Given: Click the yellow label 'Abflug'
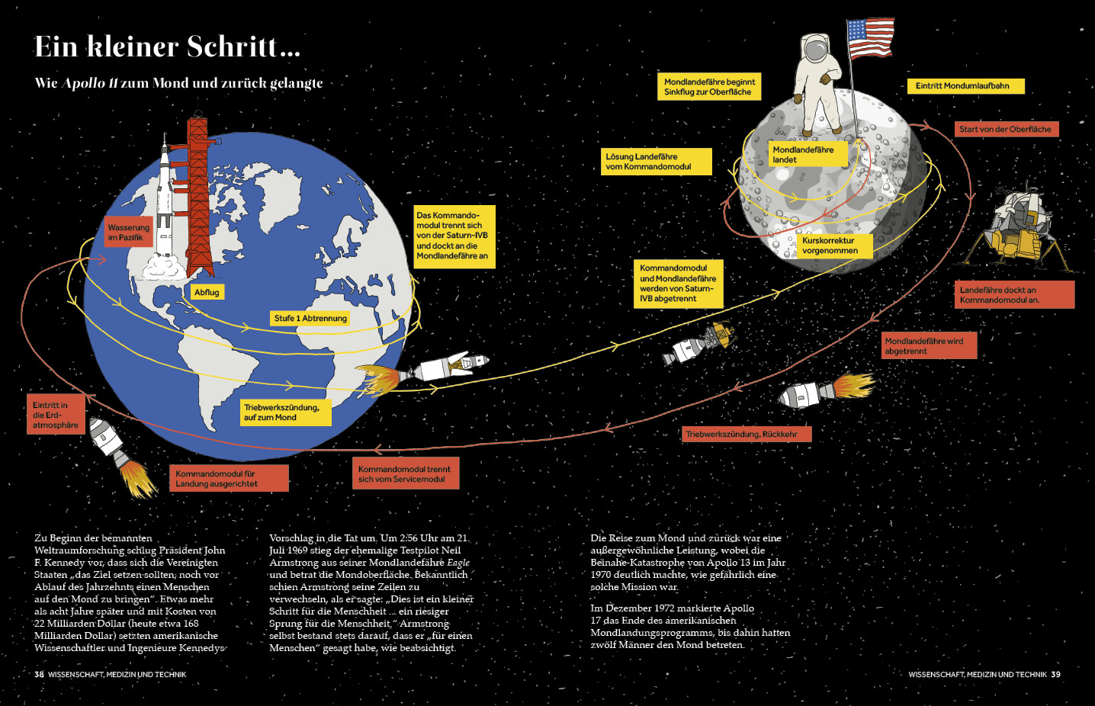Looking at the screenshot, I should coord(207,292).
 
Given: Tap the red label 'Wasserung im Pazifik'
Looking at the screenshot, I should coord(129,233).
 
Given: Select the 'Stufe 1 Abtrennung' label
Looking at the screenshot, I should coord(310,318).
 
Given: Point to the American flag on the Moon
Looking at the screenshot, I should coord(870,38).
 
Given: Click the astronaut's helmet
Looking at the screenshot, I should coord(814,49).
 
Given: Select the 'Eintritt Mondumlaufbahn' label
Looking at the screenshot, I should coord(965,86).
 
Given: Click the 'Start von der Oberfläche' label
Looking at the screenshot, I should coord(1006,130).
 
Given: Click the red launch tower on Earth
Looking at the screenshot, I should coord(199,194).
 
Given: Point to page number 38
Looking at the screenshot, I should coord(39,675).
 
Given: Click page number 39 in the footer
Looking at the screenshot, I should coord(1055,675).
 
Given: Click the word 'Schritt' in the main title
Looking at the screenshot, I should coord(233,47).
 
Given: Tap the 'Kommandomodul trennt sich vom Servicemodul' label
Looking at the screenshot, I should coord(405,474).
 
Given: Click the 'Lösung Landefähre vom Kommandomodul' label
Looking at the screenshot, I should coord(654,162).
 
